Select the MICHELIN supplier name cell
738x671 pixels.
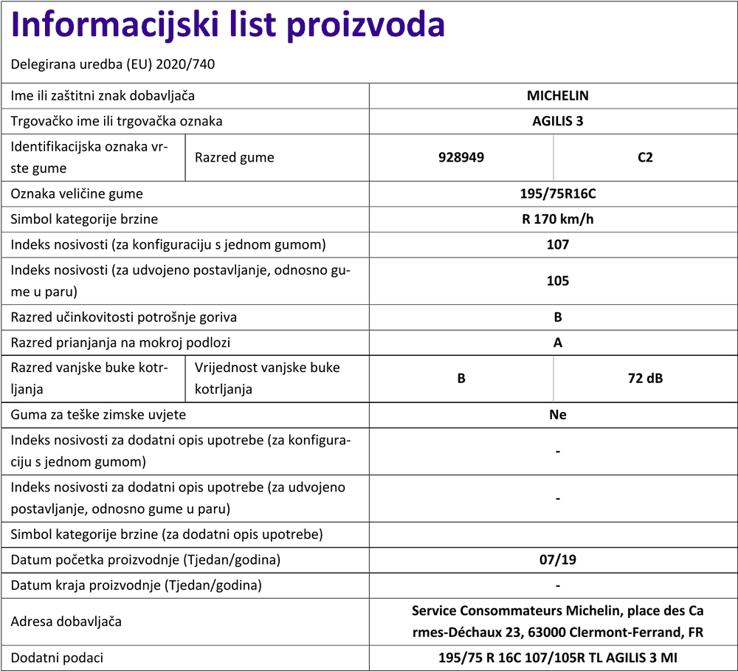(x=557, y=95)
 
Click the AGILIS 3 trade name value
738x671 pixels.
(x=557, y=121)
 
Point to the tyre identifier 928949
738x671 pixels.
(x=461, y=157)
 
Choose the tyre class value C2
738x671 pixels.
(x=645, y=157)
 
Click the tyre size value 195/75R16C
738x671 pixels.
(x=557, y=194)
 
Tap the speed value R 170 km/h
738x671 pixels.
(x=557, y=219)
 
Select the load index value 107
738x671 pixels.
(x=557, y=244)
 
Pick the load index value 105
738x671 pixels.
(x=557, y=281)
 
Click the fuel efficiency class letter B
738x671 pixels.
(x=557, y=317)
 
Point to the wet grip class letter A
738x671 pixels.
(x=557, y=343)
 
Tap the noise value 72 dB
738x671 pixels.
(x=645, y=379)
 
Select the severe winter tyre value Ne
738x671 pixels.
(x=557, y=415)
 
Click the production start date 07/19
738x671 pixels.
(x=557, y=560)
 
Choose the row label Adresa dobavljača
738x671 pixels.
(x=66, y=622)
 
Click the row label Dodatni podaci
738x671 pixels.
(x=58, y=658)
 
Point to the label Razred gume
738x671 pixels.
(x=234, y=157)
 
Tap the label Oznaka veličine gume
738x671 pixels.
(x=77, y=194)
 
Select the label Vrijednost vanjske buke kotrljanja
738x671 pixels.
(x=267, y=378)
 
